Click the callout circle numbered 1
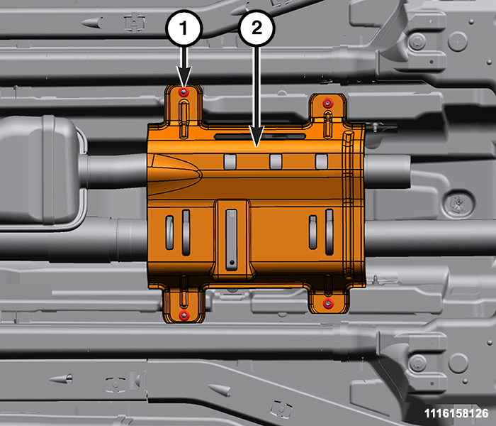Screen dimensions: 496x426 coord(184,29)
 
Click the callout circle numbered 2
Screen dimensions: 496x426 coord(257,28)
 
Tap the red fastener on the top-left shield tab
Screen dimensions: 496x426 coord(184,92)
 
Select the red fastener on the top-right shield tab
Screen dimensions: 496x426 coord(327,103)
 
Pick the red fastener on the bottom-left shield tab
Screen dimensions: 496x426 coord(184,315)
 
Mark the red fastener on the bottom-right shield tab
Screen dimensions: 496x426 coord(328,304)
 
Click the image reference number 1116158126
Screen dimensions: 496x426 coord(456,413)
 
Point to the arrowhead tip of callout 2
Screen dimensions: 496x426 coord(257,147)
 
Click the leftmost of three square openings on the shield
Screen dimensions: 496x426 coord(230,162)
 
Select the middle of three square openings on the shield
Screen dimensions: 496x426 coord(276,162)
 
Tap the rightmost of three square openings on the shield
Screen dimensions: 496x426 coord(322,162)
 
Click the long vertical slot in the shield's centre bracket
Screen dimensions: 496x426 coord(232,240)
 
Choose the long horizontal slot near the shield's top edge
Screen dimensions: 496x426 coord(260,136)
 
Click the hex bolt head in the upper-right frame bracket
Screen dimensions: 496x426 coord(417,41)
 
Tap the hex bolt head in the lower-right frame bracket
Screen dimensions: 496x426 coord(417,362)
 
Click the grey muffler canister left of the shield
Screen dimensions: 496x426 coord(38,170)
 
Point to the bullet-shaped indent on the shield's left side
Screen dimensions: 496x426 coord(174,175)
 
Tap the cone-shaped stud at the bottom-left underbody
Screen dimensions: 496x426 coord(61,378)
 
